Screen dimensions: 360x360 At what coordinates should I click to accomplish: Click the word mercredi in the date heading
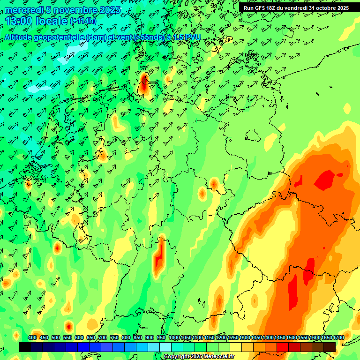24,10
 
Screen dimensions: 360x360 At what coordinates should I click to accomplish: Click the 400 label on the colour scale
32,338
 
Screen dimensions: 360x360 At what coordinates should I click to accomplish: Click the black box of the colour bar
25,347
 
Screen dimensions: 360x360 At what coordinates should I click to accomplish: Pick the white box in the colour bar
165,347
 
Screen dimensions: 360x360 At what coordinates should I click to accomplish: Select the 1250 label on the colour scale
232,338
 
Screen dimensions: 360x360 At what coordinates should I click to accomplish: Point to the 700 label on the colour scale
103,338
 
